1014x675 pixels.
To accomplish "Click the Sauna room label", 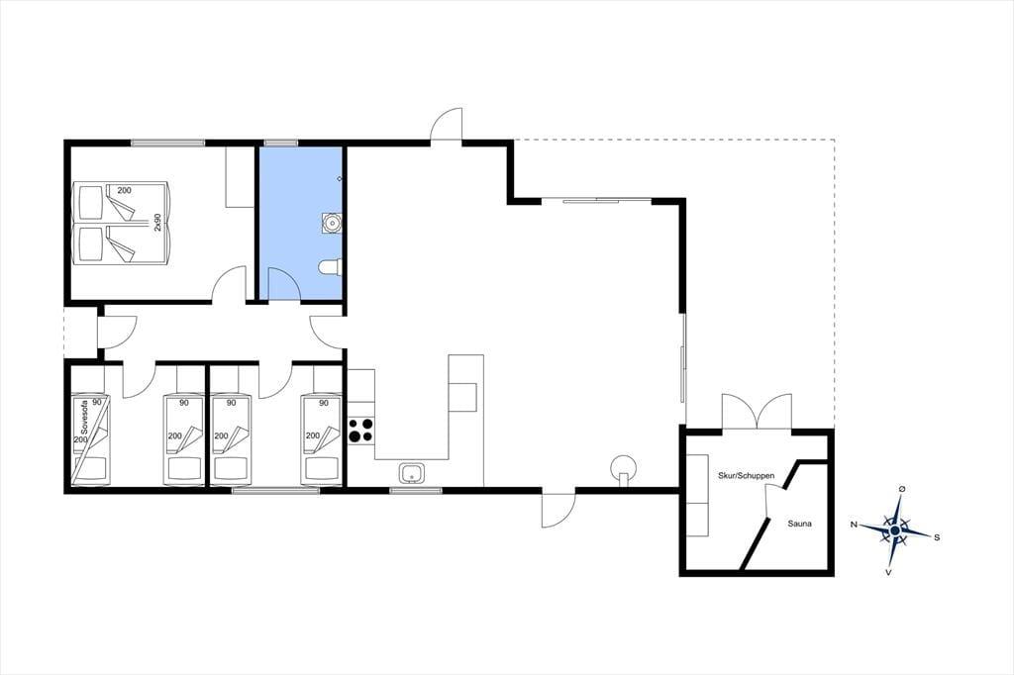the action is click(x=799, y=524).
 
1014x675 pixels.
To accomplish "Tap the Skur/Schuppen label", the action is click(x=747, y=475).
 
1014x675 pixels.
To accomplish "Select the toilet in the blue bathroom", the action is click(x=331, y=267).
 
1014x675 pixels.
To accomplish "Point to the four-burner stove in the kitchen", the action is click(x=361, y=430).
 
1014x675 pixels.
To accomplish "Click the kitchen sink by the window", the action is click(x=411, y=474).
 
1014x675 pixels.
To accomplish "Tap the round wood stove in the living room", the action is click(x=624, y=467).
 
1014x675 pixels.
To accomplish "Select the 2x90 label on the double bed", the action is click(x=157, y=223).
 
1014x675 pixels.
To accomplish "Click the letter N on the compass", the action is click(x=854, y=525).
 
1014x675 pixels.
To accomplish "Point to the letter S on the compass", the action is click(x=937, y=537).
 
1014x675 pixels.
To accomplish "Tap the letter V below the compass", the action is click(x=888, y=572).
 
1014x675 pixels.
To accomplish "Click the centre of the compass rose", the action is click(x=895, y=530).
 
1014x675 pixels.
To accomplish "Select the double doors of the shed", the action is click(x=757, y=411).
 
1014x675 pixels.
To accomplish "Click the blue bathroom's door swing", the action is click(x=284, y=283).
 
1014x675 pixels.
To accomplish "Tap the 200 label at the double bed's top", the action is click(x=124, y=190).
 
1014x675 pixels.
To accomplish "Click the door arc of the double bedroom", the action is click(x=229, y=283).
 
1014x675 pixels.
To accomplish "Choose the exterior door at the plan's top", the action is click(x=447, y=124).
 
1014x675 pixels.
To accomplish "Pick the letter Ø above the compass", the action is click(x=902, y=489).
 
